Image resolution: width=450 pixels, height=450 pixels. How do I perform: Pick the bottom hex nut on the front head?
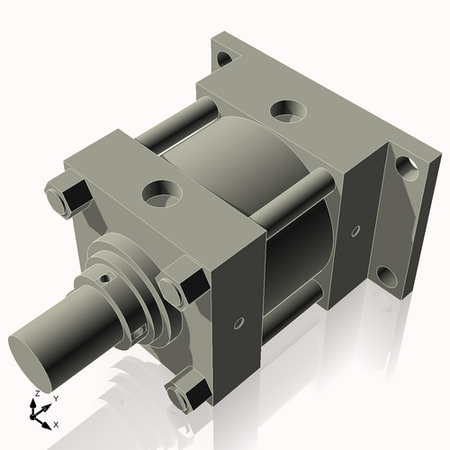[189, 392]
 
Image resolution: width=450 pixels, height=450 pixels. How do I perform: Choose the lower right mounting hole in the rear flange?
[387, 274]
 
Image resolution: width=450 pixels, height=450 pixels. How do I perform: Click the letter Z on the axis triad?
[35, 394]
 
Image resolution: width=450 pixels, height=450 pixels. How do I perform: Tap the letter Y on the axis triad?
[55, 397]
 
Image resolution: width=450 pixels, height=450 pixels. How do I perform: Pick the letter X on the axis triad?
[57, 423]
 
